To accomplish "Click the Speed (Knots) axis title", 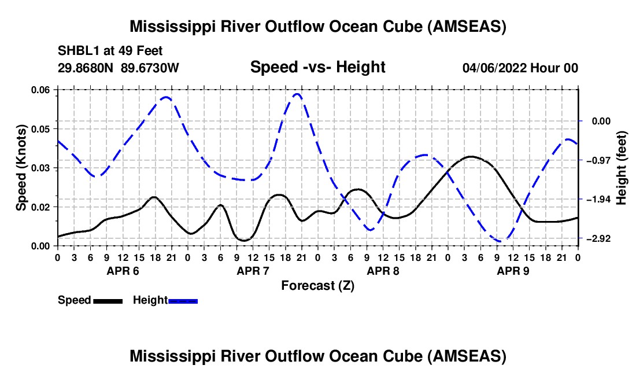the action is pos(21,168).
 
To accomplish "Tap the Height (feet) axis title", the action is pos(622,168).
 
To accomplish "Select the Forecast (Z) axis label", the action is pos(317,286).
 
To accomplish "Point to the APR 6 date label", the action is pos(123,271).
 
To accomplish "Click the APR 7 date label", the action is pos(253,271).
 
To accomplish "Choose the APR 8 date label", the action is pos(383,271).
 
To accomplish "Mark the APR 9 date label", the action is pos(513,271).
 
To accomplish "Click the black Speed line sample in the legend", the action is pos(108,301).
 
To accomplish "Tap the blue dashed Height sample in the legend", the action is pos(183,301).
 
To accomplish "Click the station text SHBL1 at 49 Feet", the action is pos(110,51).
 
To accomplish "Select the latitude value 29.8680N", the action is pos(85,68).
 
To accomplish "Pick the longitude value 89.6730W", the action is pos(150,68).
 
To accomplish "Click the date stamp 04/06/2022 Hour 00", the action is pos(520,68).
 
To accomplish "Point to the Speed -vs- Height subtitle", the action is pos(317,67).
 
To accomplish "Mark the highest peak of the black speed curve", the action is pos(471,156).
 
